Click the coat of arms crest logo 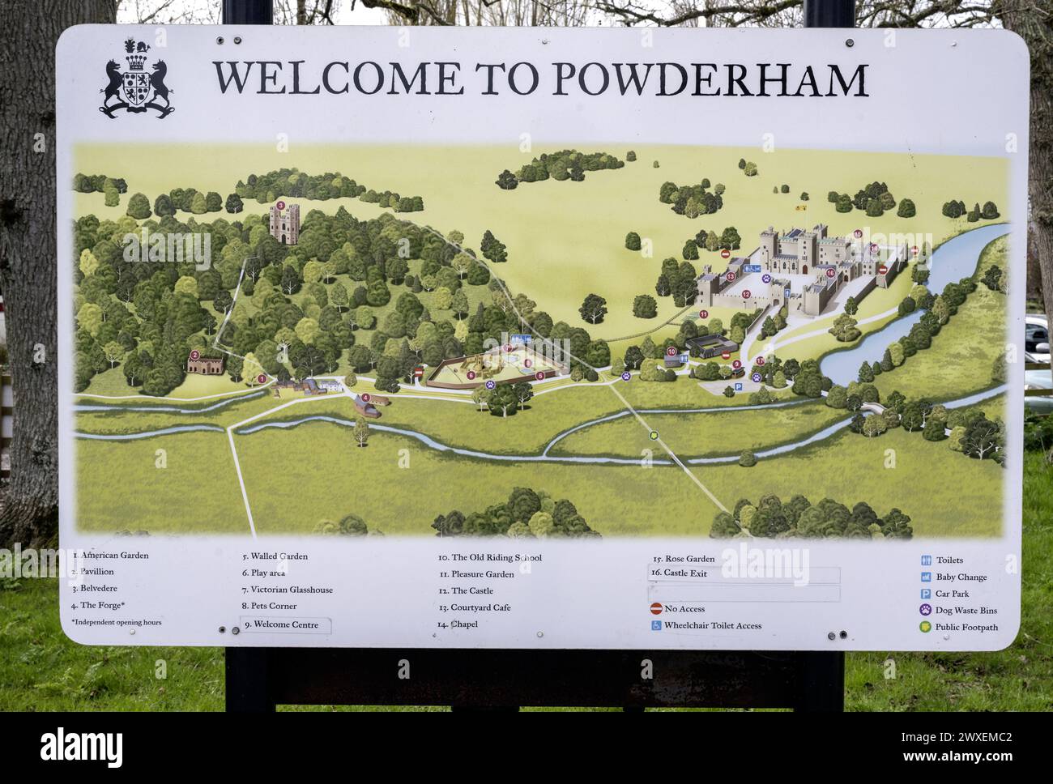pos(138,79)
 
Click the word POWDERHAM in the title pos(711,79)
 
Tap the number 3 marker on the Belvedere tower pos(280,206)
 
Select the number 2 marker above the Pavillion pos(194,355)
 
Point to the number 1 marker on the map pos(262,378)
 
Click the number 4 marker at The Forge pos(366,398)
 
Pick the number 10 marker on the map pos(671,352)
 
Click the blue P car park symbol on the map pos(738,389)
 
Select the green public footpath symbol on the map pos(654,435)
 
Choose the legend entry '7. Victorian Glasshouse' pos(292,590)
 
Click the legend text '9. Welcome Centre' pos(280,624)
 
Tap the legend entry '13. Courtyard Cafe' pos(474,607)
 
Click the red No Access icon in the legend pos(656,608)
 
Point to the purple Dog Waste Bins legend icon pos(926,611)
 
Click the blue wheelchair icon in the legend pos(655,625)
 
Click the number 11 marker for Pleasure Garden pos(703,314)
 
